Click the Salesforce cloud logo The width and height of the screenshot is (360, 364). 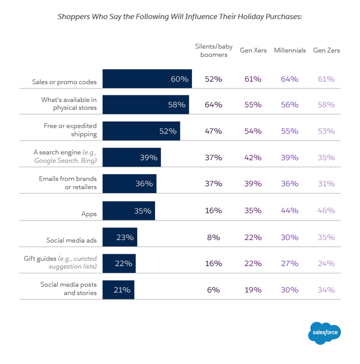coord(324,333)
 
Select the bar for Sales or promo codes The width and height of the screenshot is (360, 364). coord(147,79)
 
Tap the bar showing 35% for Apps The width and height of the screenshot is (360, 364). coord(128,211)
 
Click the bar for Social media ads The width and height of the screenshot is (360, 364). coord(119,237)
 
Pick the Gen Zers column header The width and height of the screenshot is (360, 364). coord(326,51)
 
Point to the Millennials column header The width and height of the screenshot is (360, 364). coord(290,51)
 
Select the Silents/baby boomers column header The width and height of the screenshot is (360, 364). coord(214,51)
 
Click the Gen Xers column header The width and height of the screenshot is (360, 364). coord(253,51)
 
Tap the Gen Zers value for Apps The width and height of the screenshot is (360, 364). coord(326,211)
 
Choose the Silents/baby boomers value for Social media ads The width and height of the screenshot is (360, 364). coord(214,237)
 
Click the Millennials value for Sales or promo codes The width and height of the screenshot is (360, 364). coord(290,79)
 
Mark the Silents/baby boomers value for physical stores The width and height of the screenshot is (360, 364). coord(214,105)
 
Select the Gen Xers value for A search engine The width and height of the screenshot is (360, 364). coord(253,158)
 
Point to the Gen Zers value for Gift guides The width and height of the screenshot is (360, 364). coord(326,264)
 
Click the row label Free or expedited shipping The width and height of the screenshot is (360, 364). coord(70,130)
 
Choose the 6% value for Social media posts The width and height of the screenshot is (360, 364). coord(214,290)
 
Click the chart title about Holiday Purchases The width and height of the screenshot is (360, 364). coord(180,17)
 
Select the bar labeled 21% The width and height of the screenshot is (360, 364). coord(118,290)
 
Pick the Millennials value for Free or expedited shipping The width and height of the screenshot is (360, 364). coord(290,131)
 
